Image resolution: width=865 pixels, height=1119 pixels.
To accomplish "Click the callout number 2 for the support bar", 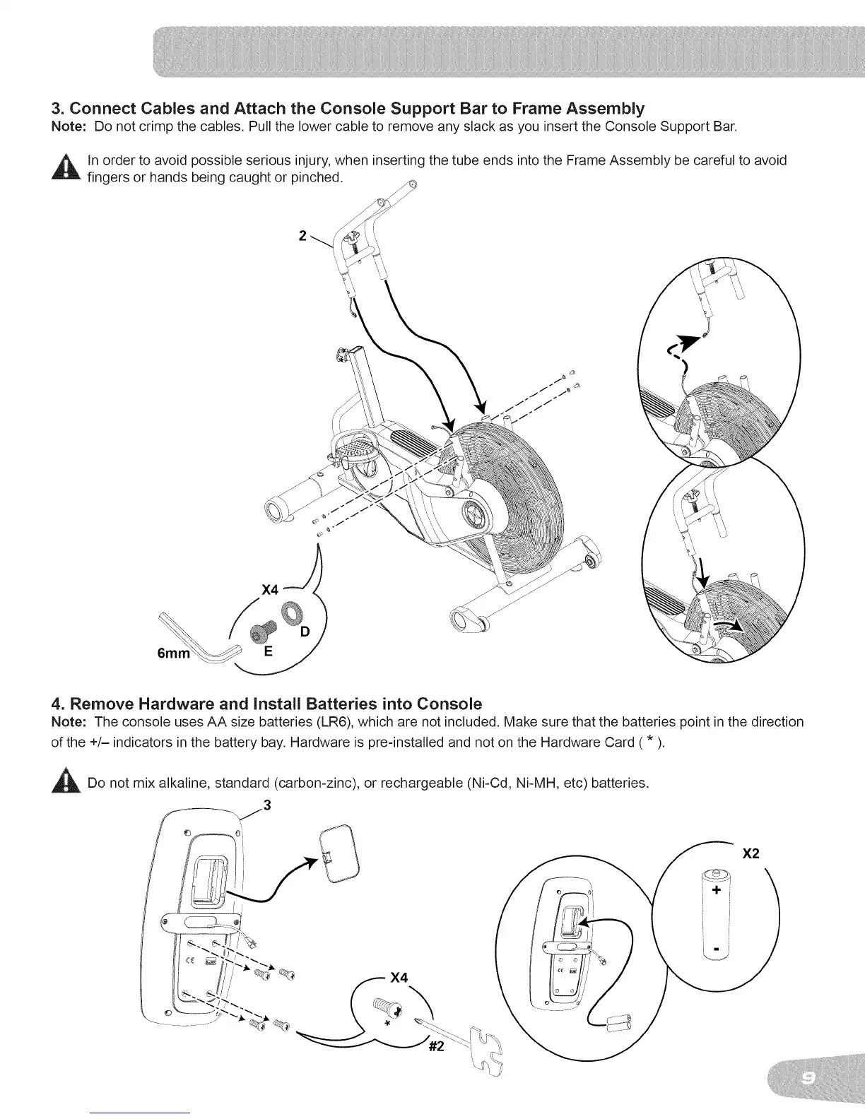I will [302, 236].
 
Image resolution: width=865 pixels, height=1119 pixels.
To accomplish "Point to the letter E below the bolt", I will [268, 653].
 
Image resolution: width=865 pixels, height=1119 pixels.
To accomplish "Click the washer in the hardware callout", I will [290, 611].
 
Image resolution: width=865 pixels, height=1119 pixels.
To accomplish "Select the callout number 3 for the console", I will [266, 806].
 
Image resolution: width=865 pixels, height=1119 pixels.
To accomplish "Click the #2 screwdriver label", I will [436, 1047].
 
